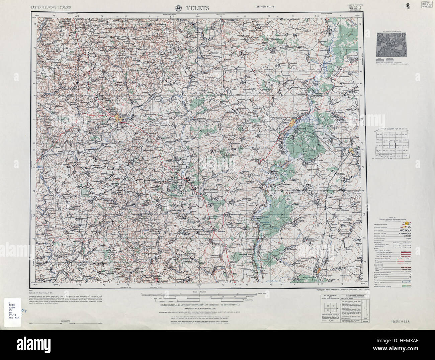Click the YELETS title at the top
tap(198, 8)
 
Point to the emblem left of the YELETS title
tap(179, 8)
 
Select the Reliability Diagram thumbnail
tap(391, 45)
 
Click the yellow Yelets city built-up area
tap(118, 117)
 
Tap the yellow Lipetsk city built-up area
tap(294, 123)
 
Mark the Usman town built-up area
tap(321, 271)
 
